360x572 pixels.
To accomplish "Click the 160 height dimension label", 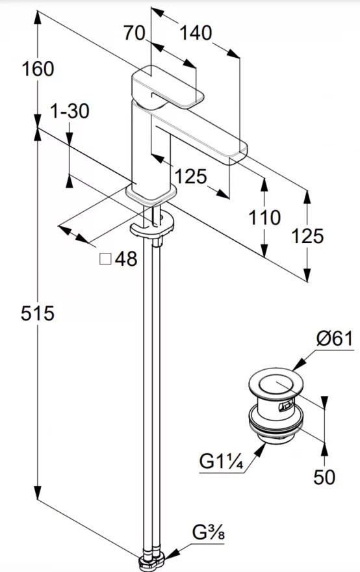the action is (x=38, y=69).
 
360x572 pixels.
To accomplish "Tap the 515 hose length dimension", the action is (x=37, y=313).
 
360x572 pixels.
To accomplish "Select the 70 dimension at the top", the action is (x=135, y=33).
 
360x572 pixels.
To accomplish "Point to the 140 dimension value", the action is (x=196, y=33).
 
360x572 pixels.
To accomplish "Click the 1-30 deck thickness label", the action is (x=70, y=111).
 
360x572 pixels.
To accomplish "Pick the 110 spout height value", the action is (x=264, y=218).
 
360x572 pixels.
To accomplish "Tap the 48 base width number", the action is (x=126, y=259).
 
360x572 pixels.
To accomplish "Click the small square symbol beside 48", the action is (x=105, y=259).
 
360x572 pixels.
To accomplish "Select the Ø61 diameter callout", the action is (x=335, y=339).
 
